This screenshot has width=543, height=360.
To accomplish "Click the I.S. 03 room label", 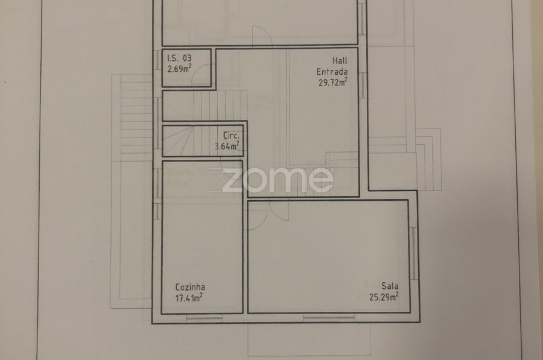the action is [179, 58].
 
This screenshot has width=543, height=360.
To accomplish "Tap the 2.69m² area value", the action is [179, 68].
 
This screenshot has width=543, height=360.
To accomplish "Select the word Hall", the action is [340, 60].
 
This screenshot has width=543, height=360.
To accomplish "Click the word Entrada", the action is [332, 72].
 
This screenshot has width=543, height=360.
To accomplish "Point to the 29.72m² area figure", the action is [333, 82].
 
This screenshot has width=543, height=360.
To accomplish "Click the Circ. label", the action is [231, 135].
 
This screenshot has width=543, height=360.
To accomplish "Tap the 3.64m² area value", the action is [227, 146].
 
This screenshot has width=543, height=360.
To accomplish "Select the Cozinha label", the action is [190, 287].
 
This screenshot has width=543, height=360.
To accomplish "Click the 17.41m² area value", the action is [189, 297].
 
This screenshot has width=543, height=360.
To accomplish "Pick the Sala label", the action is [390, 286].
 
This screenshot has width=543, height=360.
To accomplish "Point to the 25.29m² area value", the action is [384, 297].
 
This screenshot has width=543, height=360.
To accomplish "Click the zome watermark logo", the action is [271, 180].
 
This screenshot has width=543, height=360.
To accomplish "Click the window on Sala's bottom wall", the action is [329, 317].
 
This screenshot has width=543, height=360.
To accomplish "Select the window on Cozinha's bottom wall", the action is [205, 318].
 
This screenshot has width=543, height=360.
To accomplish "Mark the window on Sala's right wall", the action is [413, 253].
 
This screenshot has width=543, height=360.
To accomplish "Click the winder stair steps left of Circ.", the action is [178, 141].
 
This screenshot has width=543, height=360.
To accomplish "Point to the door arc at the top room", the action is [262, 36].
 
